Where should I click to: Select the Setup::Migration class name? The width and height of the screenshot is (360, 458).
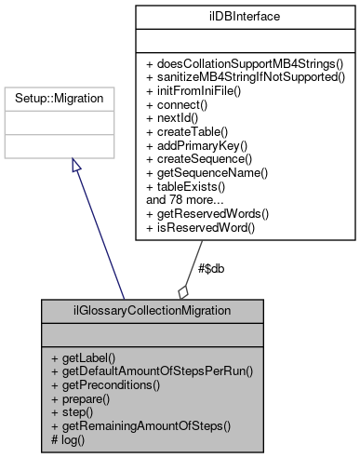[72, 97]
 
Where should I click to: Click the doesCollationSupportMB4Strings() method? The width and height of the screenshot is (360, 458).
[245, 63]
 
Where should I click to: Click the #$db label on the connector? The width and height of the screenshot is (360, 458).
[211, 268]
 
